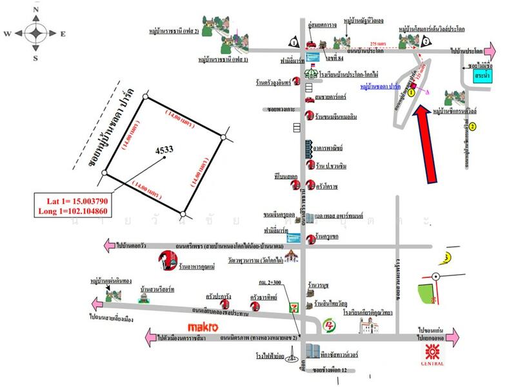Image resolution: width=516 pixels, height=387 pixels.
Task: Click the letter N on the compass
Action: point(37,10)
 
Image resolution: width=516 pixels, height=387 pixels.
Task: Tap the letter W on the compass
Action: point(6,34)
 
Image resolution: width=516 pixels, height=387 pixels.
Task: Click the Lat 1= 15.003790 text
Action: point(75,199)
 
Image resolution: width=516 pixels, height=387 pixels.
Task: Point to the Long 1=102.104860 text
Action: point(75,210)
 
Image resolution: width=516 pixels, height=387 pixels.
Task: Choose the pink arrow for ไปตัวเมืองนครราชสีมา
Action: point(152,336)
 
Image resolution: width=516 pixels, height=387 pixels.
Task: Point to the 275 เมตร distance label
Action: point(376,43)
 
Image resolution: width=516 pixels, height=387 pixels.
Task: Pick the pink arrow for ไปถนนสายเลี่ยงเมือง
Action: point(95,303)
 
